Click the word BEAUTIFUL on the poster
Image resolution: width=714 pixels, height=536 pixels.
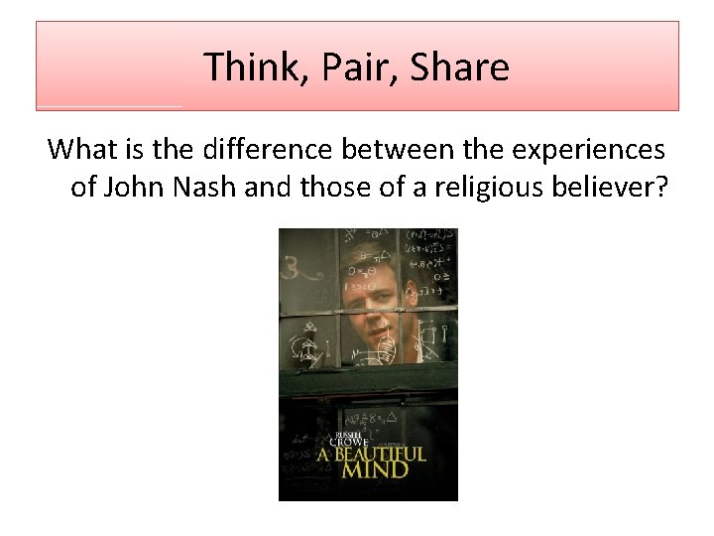click(381, 456)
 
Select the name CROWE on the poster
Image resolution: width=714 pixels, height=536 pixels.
click(349, 442)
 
